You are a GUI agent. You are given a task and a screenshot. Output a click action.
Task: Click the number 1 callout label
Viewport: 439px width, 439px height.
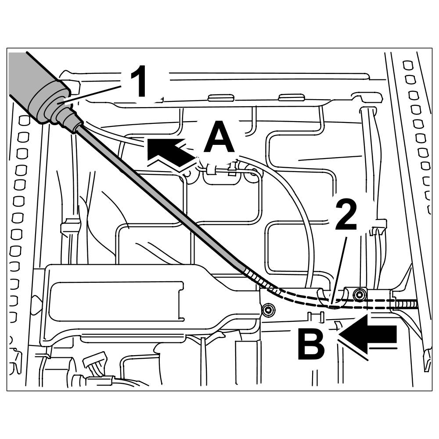click(140, 82)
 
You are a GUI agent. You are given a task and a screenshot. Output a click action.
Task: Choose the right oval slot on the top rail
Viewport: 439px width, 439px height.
click(291, 97)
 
